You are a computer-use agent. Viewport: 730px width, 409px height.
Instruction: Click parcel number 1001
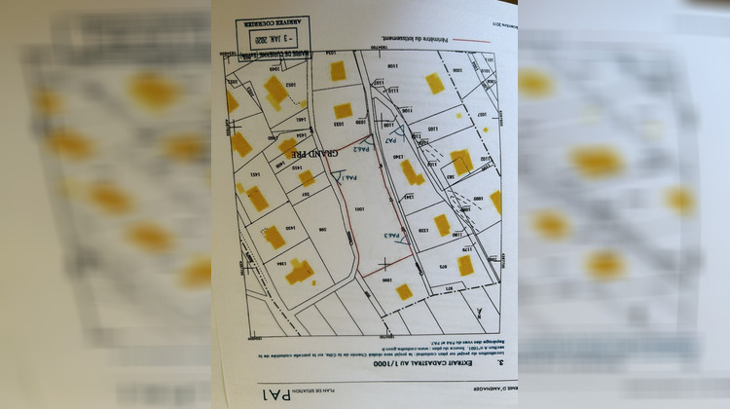pos(357,207)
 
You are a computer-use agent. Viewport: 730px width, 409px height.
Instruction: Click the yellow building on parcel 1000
pos(403,291)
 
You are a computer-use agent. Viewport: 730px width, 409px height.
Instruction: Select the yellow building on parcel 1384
pos(299,272)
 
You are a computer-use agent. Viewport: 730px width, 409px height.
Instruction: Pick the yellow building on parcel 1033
pos(343,110)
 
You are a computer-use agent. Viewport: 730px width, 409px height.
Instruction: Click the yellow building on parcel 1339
pos(442,225)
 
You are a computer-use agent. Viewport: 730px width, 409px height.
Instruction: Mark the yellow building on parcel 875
pos(465,265)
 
